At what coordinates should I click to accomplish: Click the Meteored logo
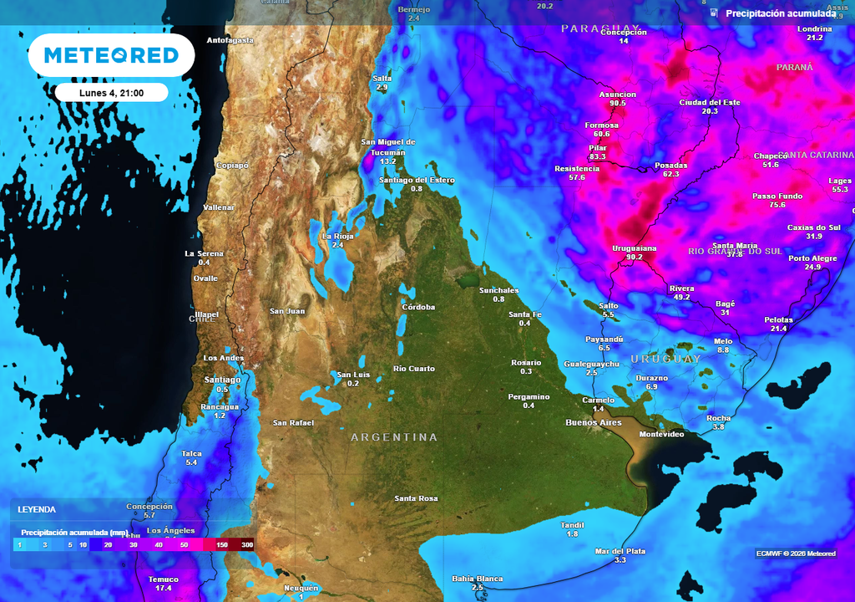pos(111,55)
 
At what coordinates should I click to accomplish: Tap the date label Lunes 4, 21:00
pos(112,93)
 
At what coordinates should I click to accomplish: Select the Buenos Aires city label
pos(593,422)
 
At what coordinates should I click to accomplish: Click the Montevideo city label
pos(661,434)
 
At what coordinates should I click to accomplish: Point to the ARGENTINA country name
pos(394,437)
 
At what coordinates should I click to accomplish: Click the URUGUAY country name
pos(665,359)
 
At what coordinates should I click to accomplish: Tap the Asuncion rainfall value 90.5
pos(618,104)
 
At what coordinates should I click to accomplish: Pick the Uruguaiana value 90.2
pos(634,257)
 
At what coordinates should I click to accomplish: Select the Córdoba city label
pos(418,307)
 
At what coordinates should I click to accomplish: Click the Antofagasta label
pos(230,40)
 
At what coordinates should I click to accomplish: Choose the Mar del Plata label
pos(620,551)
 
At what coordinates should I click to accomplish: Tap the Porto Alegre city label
pos(812,258)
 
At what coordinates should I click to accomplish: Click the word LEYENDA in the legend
pos(37,509)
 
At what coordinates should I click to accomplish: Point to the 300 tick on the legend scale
pos(247,544)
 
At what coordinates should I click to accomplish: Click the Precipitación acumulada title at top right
pos(780,13)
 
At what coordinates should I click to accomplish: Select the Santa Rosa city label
pos(417,498)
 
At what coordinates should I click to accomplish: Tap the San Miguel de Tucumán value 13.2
pos(388,161)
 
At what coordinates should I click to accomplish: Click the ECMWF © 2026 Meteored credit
pos(796,554)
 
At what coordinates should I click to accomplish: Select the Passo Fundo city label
pos(777,196)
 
